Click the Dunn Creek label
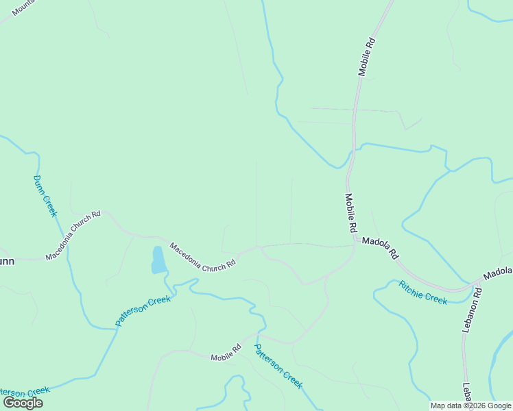45,196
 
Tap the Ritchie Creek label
422,291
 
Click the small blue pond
158,260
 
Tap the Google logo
23,403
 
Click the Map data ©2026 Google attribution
470,406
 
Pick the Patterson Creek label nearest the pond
143,311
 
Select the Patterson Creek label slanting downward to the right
278,366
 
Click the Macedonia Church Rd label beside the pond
202,256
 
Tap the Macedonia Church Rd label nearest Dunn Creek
73,235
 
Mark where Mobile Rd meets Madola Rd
354,238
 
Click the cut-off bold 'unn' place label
7,261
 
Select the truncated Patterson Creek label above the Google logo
25,390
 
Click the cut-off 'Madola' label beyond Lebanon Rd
497,273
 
